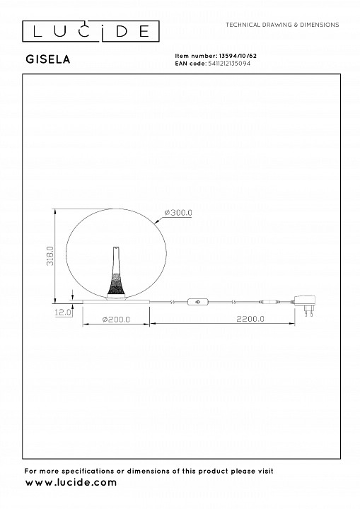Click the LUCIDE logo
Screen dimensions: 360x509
pos(91,32)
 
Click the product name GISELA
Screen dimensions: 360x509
pos(48,59)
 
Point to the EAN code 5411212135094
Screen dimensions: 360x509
pos(229,64)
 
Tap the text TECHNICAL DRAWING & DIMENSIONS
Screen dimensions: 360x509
pos(282,25)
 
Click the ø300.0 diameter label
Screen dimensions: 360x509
pos(178,213)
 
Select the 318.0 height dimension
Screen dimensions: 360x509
pos(50,256)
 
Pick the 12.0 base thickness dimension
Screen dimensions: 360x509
pos(63,312)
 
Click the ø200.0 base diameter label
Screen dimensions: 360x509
pos(116,320)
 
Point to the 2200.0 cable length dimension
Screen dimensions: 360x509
pos(250,319)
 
